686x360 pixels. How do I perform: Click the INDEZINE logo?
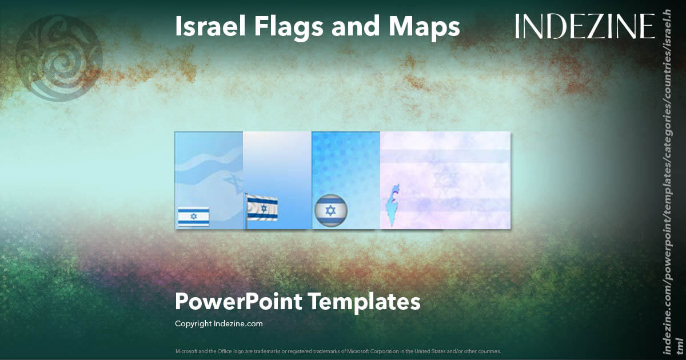tap(584, 26)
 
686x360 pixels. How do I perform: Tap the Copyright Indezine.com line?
tap(218, 323)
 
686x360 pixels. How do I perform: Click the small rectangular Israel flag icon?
tap(193, 217)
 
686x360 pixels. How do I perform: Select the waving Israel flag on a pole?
tap(262, 209)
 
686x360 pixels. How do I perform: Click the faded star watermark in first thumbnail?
tap(232, 181)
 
